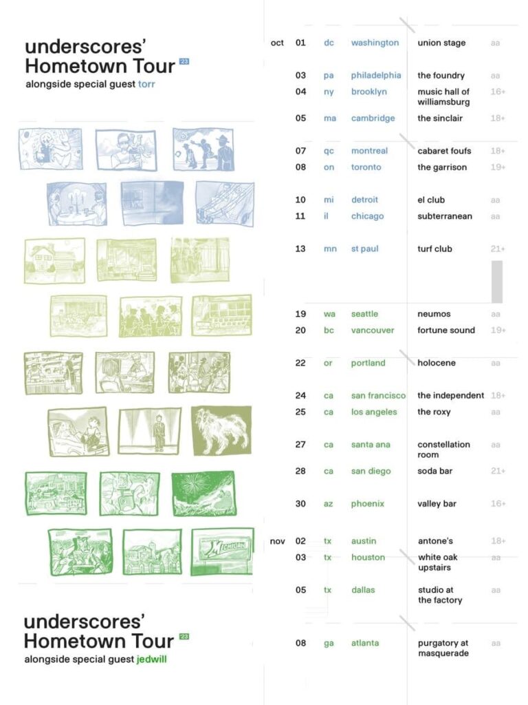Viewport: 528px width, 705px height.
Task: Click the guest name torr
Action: (146, 84)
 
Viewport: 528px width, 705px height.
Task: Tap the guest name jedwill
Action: (151, 659)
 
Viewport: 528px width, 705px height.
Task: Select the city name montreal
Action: (369, 151)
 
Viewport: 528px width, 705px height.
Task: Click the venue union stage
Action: (441, 43)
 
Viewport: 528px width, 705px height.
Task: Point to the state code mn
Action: (330, 249)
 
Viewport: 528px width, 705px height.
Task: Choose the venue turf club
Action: (434, 249)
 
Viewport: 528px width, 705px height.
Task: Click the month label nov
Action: (278, 541)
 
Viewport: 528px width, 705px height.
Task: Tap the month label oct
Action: (277, 43)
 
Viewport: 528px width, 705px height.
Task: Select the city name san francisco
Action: (378, 395)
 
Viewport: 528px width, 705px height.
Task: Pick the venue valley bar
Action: (437, 503)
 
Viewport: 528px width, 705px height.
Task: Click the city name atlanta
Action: (365, 643)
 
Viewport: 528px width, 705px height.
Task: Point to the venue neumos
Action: (434, 314)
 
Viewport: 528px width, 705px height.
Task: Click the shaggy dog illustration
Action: (221, 431)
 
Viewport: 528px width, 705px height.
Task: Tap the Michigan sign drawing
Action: (222, 551)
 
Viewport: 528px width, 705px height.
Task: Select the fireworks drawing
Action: (203, 493)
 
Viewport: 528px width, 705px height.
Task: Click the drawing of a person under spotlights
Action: (150, 431)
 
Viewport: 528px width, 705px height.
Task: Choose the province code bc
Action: (329, 330)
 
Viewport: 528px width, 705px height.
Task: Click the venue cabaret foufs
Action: (444, 151)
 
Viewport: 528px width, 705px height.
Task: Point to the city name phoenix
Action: (367, 503)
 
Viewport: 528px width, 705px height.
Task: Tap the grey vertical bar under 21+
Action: (497, 282)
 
